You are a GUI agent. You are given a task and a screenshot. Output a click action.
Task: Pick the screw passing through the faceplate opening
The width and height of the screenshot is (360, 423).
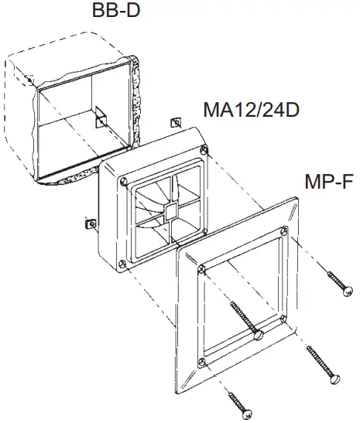pyautogui.click(x=245, y=320)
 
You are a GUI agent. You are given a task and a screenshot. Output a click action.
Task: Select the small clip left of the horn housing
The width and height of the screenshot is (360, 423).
pyautogui.click(x=88, y=222)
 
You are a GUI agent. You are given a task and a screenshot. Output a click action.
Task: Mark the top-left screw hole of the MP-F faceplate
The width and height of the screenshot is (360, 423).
pyautogui.click(x=201, y=268)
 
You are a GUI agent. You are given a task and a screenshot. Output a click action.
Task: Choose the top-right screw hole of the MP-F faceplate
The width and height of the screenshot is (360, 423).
pyautogui.click(x=285, y=230)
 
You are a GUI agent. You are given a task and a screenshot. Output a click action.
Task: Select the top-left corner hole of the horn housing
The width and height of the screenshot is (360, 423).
pyautogui.click(x=124, y=183)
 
